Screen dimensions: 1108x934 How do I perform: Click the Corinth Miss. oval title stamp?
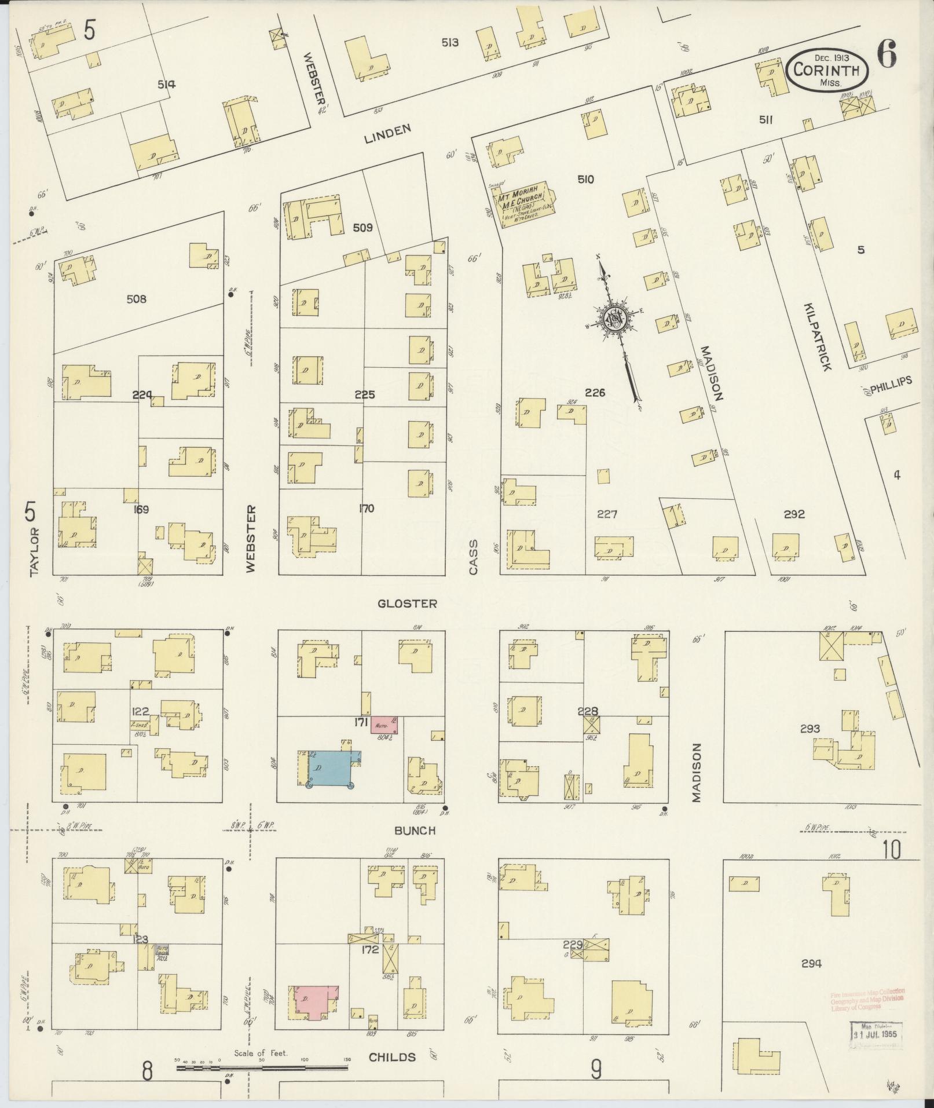tap(827, 70)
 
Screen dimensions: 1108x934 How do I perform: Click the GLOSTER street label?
tap(407, 604)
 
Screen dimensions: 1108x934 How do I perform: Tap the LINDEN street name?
tap(388, 134)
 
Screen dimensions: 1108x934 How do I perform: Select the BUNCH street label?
tap(414, 831)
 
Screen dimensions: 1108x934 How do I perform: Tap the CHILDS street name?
tap(393, 1057)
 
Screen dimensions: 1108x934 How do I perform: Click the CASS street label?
tap(474, 557)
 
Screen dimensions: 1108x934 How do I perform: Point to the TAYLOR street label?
tap(34, 551)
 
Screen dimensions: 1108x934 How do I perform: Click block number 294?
tap(811, 964)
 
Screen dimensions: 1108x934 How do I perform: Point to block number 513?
tap(450, 42)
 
